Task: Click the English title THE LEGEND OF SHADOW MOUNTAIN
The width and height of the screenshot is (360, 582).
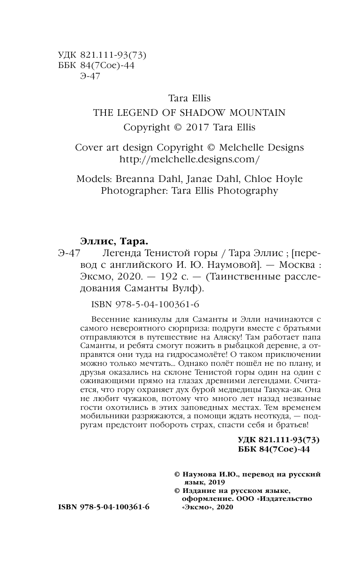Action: [189, 113]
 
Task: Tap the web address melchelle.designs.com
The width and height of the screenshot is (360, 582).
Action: [189, 159]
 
